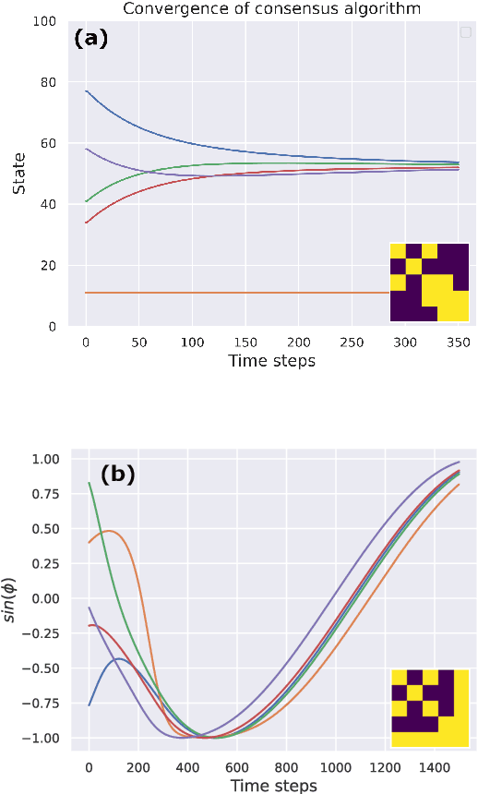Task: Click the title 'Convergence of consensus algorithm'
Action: [x=271, y=8]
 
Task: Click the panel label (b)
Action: [x=118, y=475]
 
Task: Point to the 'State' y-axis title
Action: [x=19, y=173]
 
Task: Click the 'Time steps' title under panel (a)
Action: [x=271, y=361]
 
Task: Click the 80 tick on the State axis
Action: [x=46, y=82]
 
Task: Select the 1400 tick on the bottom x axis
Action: [x=433, y=766]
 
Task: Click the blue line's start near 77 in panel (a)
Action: [x=87, y=91]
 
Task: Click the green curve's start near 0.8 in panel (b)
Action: [x=90, y=484]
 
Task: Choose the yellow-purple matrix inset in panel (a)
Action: [x=429, y=282]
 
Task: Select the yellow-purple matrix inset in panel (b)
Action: [x=429, y=707]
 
